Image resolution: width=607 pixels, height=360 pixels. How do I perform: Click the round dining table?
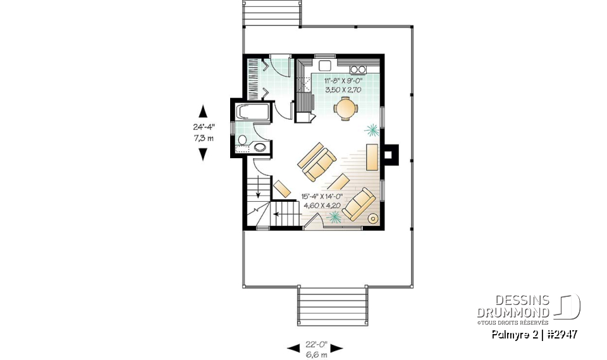pyautogui.click(x=346, y=109)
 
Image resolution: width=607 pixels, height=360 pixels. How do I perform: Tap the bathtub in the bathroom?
pyautogui.click(x=252, y=113)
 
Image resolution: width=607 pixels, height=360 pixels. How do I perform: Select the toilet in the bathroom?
pyautogui.click(x=259, y=147)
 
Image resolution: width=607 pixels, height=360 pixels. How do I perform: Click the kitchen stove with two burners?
pyautogui.click(x=358, y=68)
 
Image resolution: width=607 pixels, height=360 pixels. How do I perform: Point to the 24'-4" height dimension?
pyautogui.click(x=203, y=127)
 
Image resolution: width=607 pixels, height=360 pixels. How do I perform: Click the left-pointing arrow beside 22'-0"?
pyautogui.click(x=293, y=348)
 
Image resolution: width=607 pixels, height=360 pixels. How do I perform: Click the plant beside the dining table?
pyautogui.click(x=372, y=131)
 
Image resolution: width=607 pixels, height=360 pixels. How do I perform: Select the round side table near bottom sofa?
pyautogui.click(x=373, y=219)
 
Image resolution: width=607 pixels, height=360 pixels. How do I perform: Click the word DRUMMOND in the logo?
pyautogui.click(x=514, y=312)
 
